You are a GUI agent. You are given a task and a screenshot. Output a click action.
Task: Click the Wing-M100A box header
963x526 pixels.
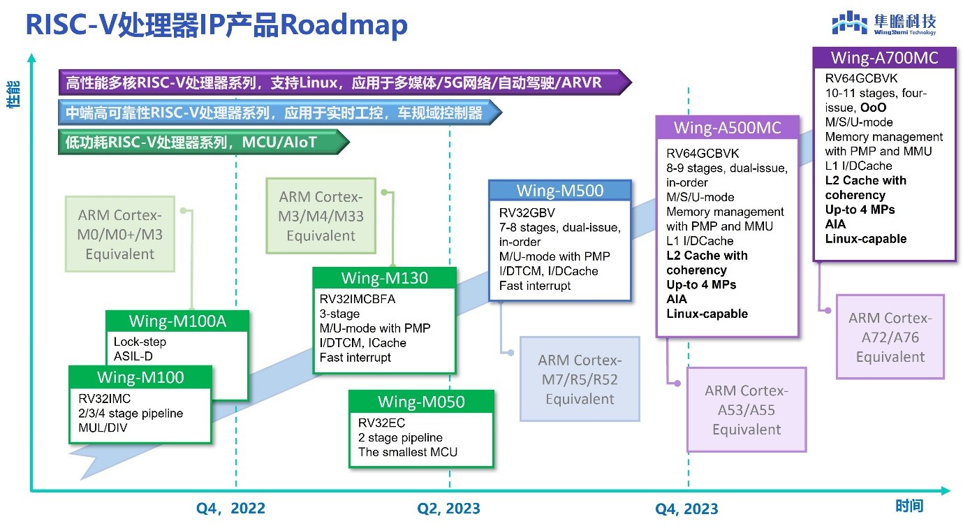(x=177, y=321)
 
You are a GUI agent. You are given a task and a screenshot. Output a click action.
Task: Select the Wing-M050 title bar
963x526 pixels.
(x=421, y=402)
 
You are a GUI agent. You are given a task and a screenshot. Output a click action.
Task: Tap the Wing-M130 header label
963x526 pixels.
(x=384, y=278)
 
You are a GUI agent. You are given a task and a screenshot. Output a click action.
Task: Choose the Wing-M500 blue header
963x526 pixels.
(x=559, y=191)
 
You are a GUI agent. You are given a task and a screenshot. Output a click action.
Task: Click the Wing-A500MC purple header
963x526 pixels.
(x=727, y=128)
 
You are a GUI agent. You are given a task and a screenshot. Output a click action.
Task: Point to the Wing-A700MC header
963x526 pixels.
(x=884, y=57)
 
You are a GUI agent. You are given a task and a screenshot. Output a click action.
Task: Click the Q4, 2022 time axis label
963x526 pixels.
(x=231, y=508)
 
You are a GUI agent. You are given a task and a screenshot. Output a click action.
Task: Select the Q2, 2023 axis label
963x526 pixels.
(x=449, y=508)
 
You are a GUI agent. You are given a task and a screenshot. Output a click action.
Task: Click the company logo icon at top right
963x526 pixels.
(x=848, y=23)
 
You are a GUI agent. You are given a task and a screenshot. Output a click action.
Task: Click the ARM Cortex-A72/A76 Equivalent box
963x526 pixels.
(x=890, y=337)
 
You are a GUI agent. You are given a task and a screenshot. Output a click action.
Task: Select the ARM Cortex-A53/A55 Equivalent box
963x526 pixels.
(x=746, y=409)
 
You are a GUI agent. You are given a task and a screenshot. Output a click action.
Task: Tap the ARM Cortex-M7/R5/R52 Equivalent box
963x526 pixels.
(x=579, y=379)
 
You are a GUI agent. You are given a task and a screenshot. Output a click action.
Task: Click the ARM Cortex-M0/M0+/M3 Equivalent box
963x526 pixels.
(x=120, y=234)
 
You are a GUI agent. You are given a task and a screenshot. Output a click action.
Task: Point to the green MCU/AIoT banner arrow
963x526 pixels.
(x=203, y=143)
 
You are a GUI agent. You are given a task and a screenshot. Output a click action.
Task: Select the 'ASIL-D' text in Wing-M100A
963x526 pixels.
(x=128, y=356)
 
